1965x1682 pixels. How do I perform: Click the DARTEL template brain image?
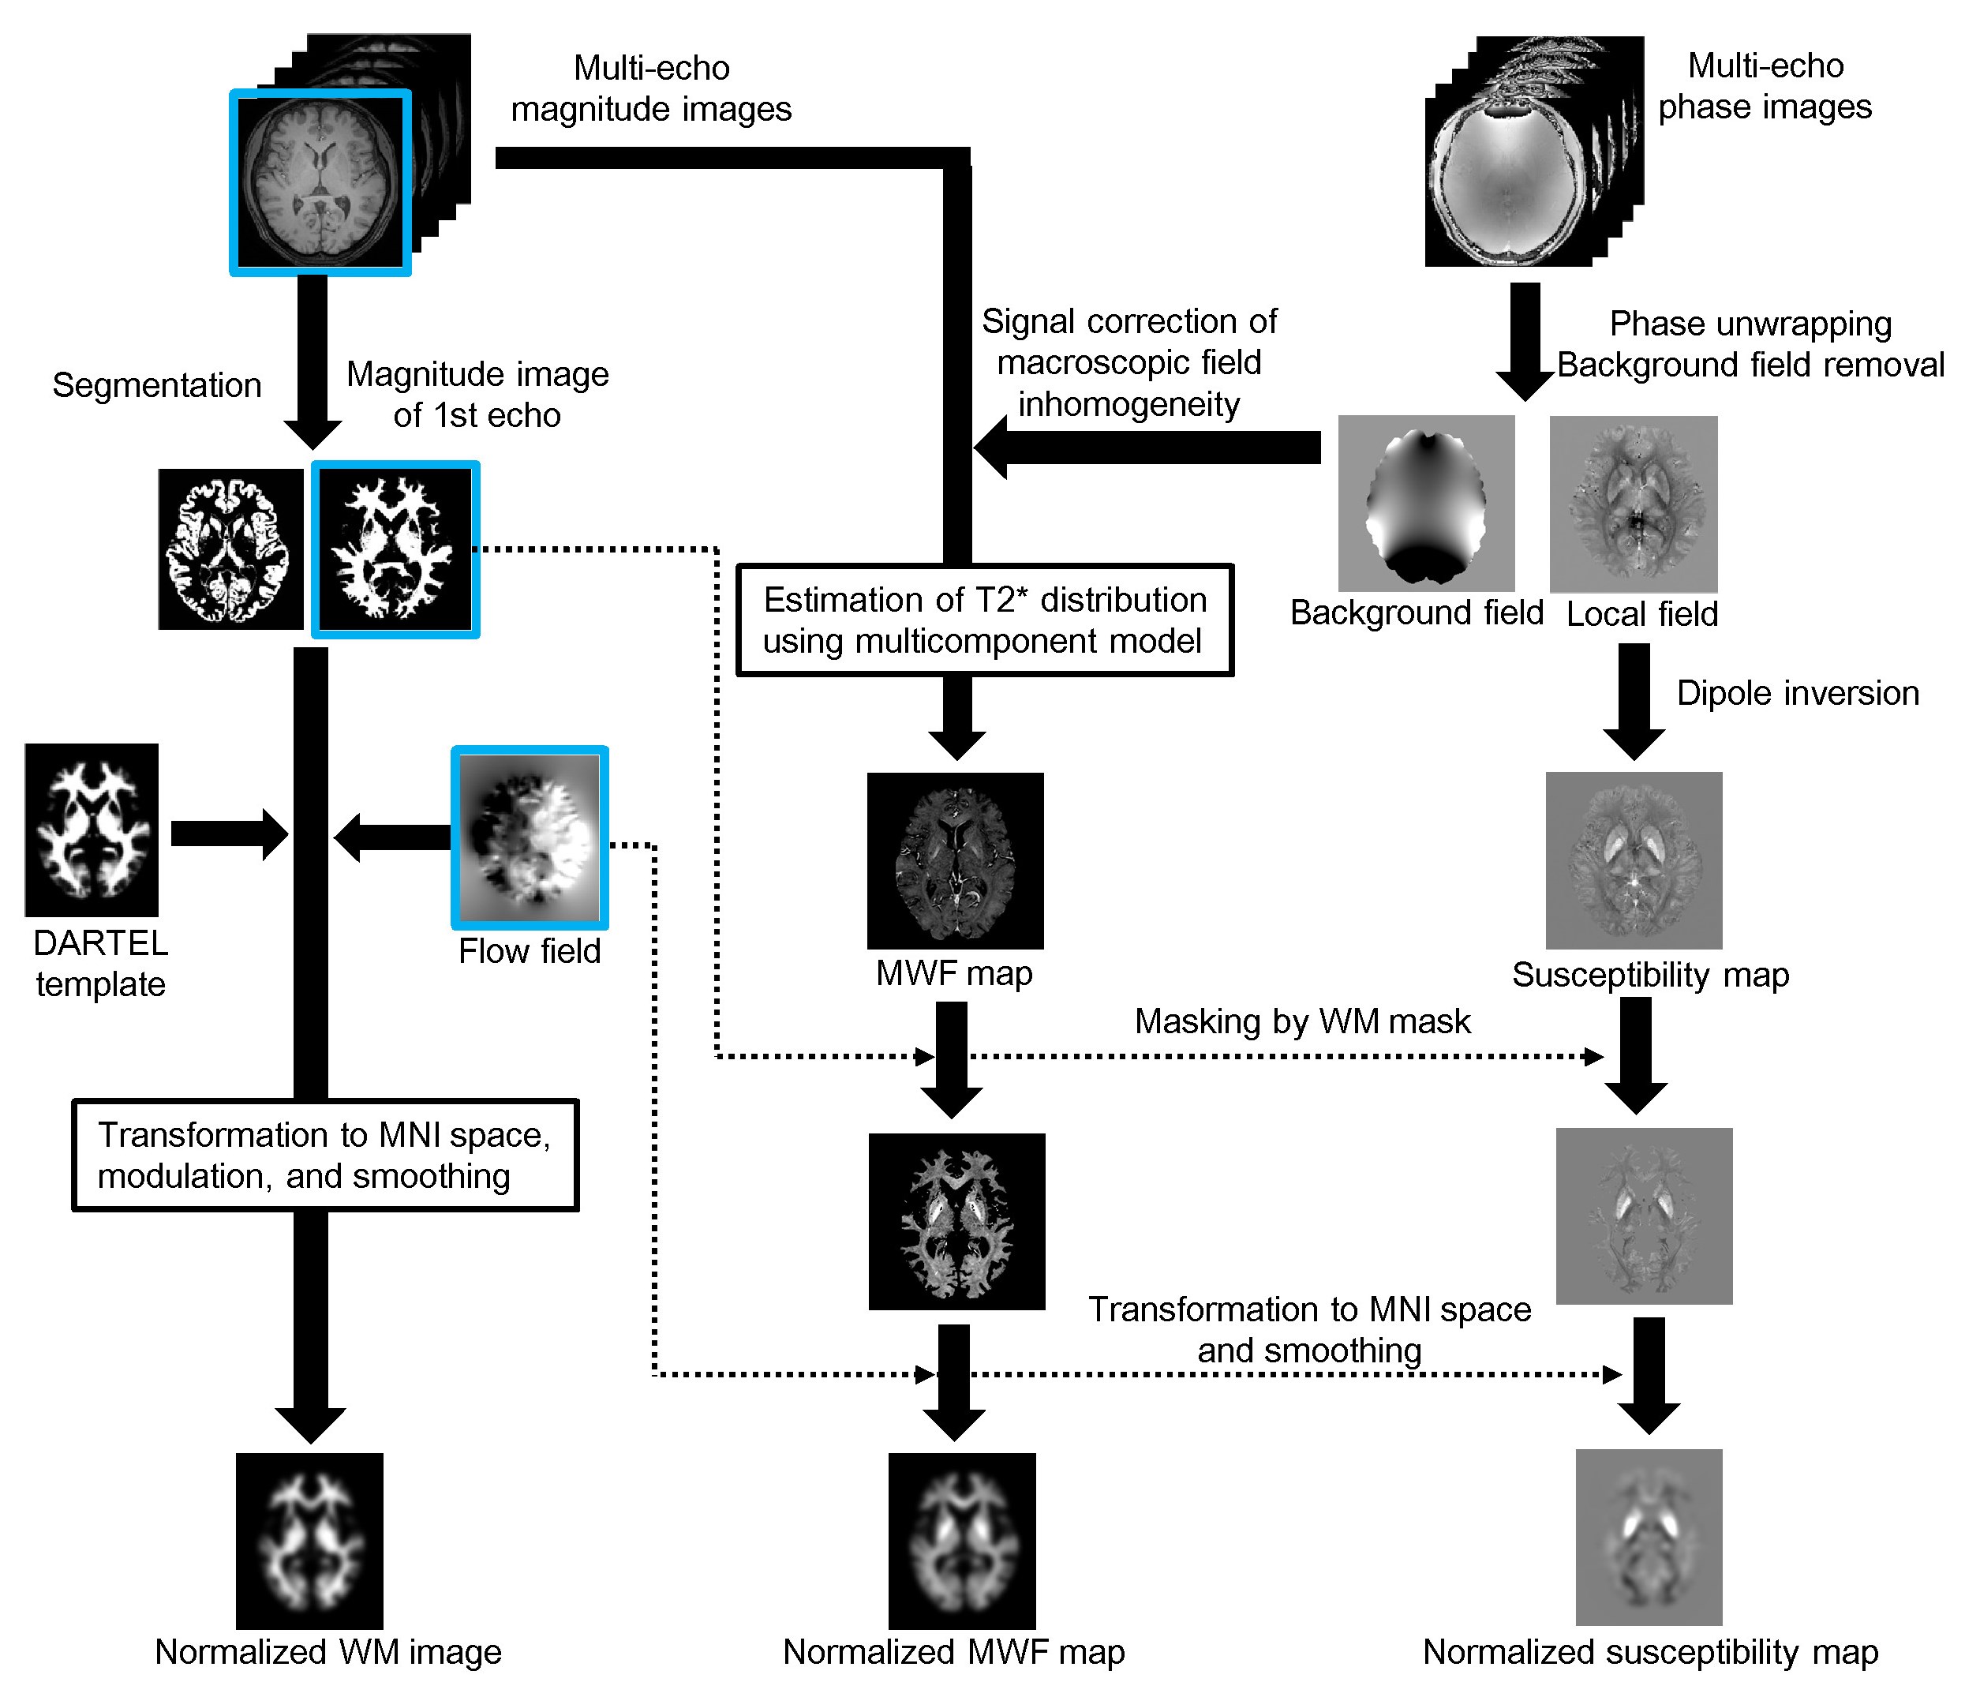click(91, 829)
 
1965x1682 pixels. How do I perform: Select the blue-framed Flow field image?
click(530, 837)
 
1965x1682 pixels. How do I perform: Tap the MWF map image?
click(955, 860)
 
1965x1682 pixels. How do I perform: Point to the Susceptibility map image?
click(1633, 860)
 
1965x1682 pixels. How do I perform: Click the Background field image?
click(1425, 504)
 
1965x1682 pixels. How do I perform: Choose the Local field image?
click(1633, 504)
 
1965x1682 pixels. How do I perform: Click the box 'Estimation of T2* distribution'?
click(984, 620)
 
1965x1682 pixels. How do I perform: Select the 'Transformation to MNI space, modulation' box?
click(324, 1155)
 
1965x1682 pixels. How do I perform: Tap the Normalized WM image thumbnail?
click(309, 1541)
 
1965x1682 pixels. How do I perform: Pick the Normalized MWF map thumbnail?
click(962, 1541)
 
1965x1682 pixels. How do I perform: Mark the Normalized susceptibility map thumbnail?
click(1649, 1537)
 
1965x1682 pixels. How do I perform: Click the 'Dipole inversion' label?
click(1797, 694)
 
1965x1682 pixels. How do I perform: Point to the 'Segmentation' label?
click(156, 385)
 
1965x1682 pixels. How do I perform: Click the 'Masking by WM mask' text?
click(1302, 1021)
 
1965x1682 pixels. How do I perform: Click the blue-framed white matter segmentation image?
click(395, 549)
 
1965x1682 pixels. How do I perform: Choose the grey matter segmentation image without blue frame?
click(230, 549)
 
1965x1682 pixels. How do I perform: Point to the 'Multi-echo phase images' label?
click(1765, 86)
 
